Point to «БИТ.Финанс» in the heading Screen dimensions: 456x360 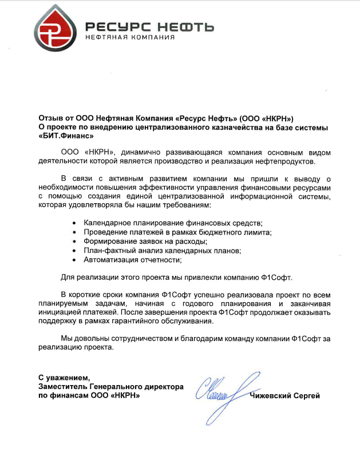coord(66,136)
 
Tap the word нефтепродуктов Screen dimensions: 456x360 coord(287,161)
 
